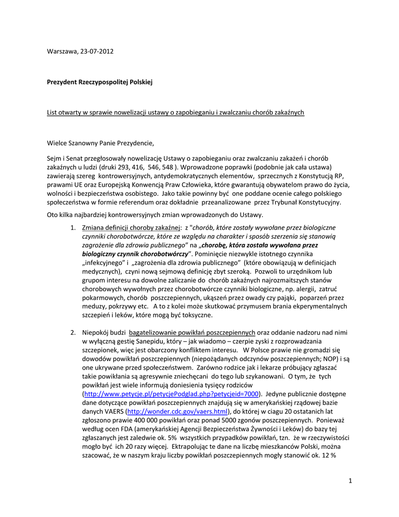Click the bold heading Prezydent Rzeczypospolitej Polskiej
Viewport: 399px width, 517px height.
pyautogui.click(x=99, y=81)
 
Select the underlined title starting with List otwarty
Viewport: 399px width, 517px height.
pyautogui.click(x=176, y=112)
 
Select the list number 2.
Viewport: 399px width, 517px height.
pyautogui.click(x=73, y=332)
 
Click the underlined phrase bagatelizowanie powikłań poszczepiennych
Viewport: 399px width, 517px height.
pyautogui.click(x=192, y=332)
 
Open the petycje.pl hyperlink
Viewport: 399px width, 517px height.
pyautogui.click(x=172, y=394)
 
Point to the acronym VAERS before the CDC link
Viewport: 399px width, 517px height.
pyautogui.click(x=115, y=411)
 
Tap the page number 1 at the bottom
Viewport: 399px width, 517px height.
pyautogui.click(x=350, y=480)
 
